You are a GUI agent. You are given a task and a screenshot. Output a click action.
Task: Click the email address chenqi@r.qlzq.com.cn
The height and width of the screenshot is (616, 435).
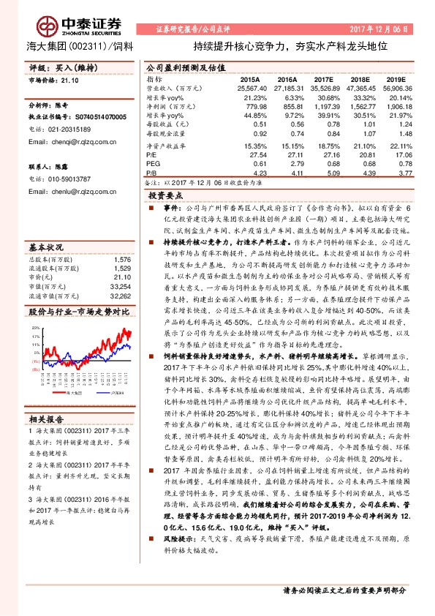[68, 142]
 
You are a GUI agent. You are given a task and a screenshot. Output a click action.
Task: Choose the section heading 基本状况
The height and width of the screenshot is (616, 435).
[47, 226]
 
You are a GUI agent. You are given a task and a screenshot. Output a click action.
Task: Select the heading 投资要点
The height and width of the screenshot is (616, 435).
[166, 197]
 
